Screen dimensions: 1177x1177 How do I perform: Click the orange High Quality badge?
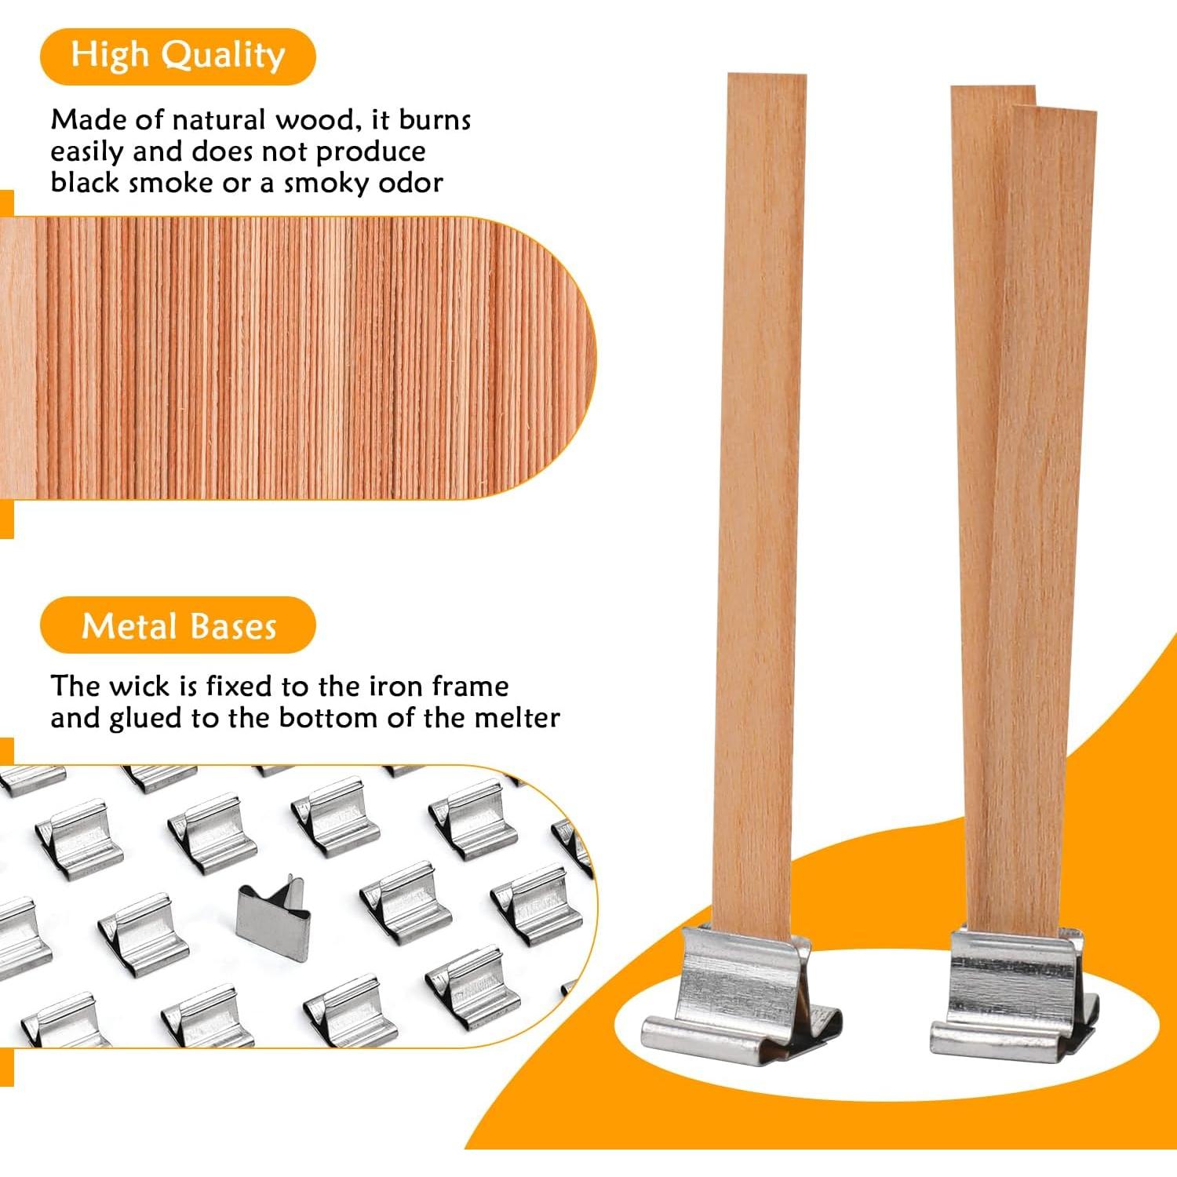point(177,56)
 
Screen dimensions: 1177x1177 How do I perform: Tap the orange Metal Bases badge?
point(177,625)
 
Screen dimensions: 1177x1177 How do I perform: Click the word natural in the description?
point(219,120)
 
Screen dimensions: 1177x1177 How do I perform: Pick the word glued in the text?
point(146,719)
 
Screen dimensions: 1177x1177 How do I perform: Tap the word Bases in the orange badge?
point(233,626)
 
